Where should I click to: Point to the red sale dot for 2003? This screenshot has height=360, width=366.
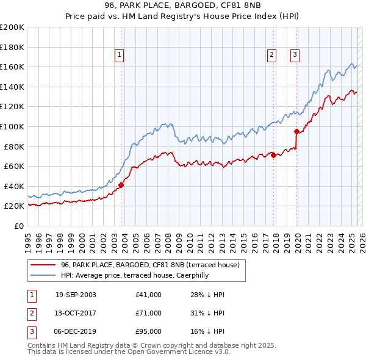pyautogui.click(x=121, y=185)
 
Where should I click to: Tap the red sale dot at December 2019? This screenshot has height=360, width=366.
pyautogui.click(x=297, y=131)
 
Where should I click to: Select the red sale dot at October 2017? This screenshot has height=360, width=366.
pyautogui.click(x=273, y=155)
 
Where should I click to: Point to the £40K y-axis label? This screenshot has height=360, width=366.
pyautogui.click(x=14, y=186)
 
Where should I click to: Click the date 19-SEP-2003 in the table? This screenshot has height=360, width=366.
pyautogui.click(x=76, y=295)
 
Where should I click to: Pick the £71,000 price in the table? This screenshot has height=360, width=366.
pyautogui.click(x=149, y=313)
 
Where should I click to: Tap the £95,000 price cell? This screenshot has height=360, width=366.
pyautogui.click(x=149, y=331)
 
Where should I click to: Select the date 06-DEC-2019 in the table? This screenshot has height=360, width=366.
pyautogui.click(x=76, y=331)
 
